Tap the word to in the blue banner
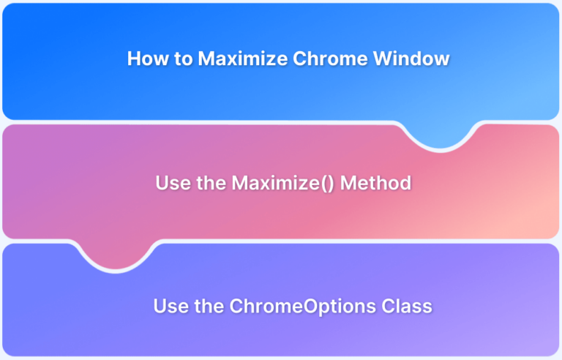click(x=184, y=59)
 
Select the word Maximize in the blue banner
click(x=243, y=59)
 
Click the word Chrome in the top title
click(x=330, y=59)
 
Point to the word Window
click(x=411, y=59)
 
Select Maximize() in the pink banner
click(x=283, y=183)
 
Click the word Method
click(x=375, y=183)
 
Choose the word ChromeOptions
click(x=303, y=307)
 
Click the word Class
click(x=407, y=306)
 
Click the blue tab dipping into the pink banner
click(x=440, y=136)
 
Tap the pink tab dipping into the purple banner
click(x=116, y=256)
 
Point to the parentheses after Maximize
click(x=328, y=184)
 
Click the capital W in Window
click(x=383, y=59)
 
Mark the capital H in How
click(x=134, y=59)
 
